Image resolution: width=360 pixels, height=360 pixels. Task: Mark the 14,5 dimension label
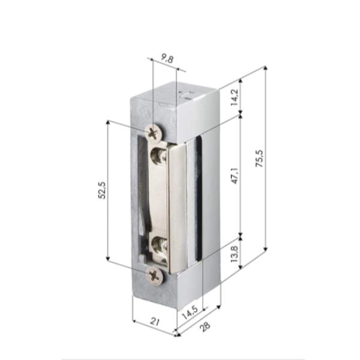[x=190, y=312]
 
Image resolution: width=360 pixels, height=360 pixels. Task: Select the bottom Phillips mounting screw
[x=155, y=276]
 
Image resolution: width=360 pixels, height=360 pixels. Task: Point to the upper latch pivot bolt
[x=160, y=155]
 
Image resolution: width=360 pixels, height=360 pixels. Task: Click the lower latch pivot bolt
[x=160, y=246]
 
